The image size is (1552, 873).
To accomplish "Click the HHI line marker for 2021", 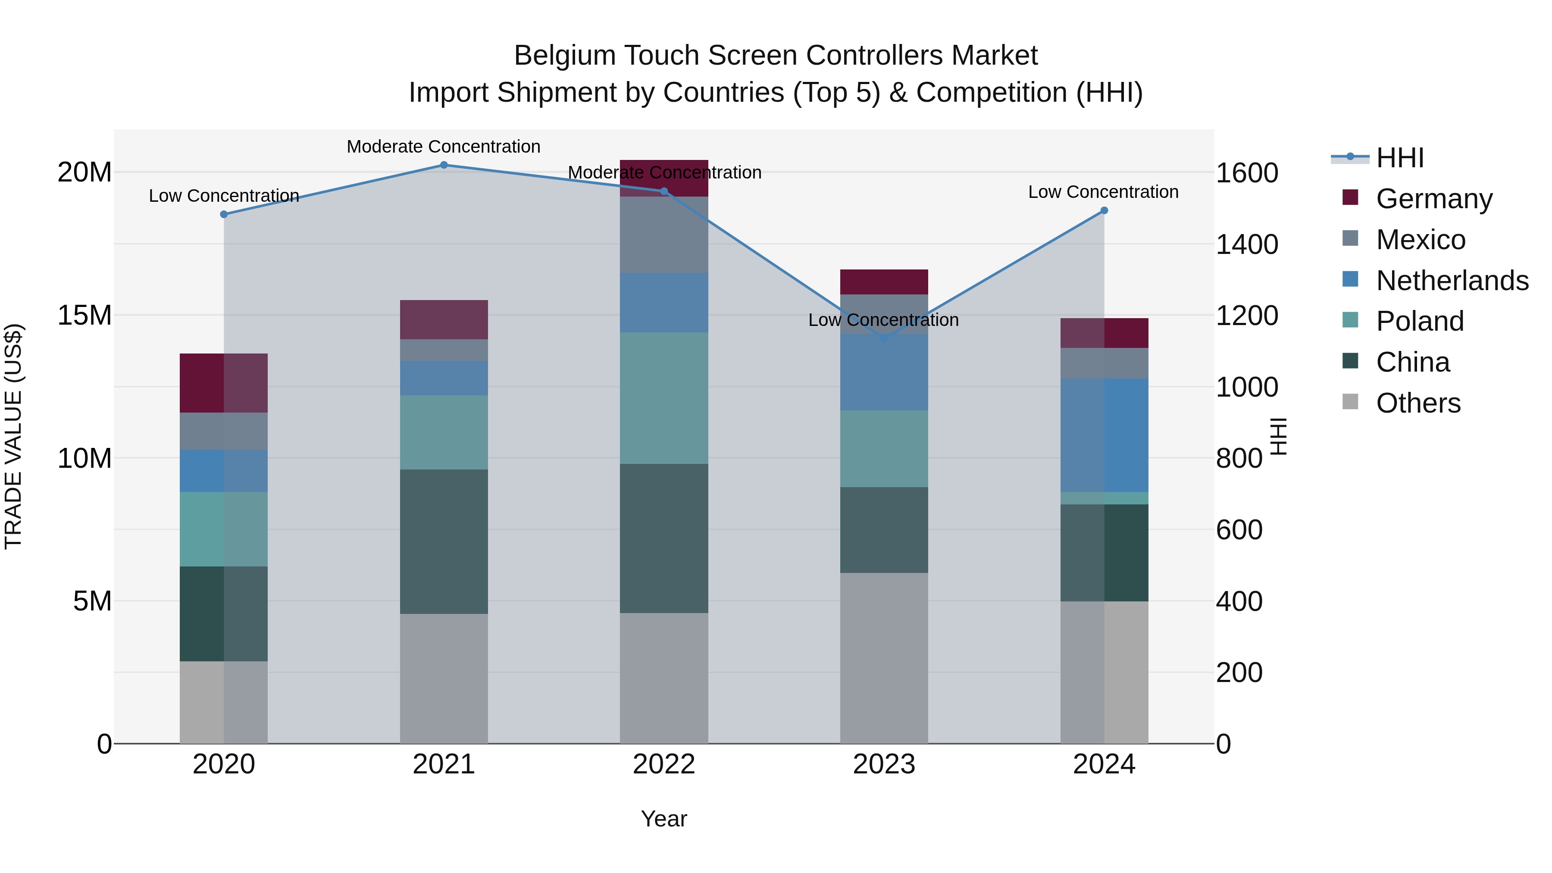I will coord(444,165).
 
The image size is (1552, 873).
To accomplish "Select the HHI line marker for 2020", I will coord(224,215).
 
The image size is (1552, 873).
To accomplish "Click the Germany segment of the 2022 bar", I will coord(664,178).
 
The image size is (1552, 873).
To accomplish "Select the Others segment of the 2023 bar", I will coord(884,658).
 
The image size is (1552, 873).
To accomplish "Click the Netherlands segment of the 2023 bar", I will coord(884,372).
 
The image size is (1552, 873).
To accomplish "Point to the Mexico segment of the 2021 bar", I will coord(444,350).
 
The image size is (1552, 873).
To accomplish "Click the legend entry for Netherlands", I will coord(1452,281).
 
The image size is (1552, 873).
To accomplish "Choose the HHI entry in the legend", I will coord(1399,158).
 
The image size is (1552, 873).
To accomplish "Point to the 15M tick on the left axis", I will coord(84,316).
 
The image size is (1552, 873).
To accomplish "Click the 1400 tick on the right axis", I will coord(1246,244).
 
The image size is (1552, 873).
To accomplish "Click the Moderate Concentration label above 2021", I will coord(444,147).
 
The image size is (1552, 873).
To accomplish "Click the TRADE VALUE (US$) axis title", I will coord(13,436).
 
